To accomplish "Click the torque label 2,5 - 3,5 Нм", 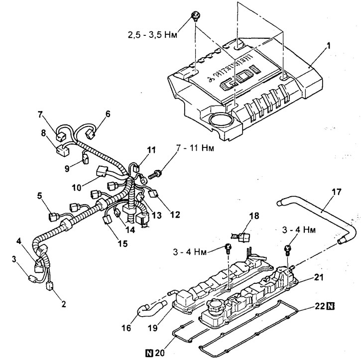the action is coord(153,35).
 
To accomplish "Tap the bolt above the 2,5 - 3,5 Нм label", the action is coord(196,16).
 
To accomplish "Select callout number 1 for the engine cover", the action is coord(329,46).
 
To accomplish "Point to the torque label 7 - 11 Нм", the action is coord(195,148).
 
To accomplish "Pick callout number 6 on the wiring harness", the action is coord(108,114).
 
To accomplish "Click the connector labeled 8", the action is coord(63,150).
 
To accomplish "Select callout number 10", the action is coord(77,188).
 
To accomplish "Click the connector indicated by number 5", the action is coord(54,217).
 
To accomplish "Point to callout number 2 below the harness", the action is coord(64,304).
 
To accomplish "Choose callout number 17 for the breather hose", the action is coord(337,192).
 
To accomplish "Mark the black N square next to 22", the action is coord(331,306).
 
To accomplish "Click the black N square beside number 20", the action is coord(150,353).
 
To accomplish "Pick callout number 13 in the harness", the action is coord(156,216).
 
